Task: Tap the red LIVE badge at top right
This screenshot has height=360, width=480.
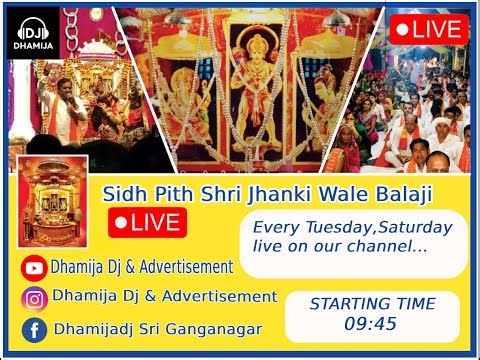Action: coord(428,28)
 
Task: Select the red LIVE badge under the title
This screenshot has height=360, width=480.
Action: coord(146,221)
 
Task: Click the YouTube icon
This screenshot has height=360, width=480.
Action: coord(35,267)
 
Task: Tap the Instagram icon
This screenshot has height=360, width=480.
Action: coord(35,298)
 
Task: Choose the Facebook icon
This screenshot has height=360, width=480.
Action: coord(35,329)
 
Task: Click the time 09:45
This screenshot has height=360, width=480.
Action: coord(371,324)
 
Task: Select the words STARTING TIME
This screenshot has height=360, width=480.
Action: coord(372,304)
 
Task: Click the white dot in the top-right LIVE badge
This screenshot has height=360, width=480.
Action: coord(402,28)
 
